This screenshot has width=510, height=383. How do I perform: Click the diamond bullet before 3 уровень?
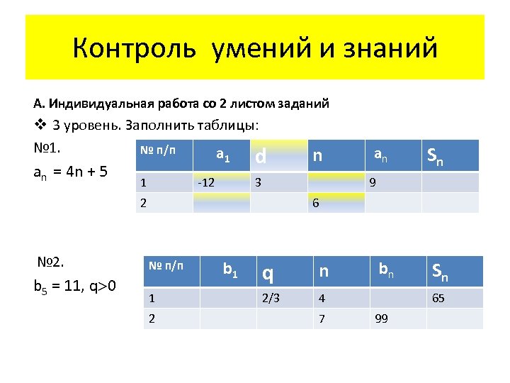coord(40,126)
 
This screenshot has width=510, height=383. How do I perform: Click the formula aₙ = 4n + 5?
coord(70,172)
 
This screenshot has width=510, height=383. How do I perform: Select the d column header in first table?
coord(261,155)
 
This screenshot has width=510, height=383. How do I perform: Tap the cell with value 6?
coord(316,203)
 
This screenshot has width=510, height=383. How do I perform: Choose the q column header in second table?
coord(268,272)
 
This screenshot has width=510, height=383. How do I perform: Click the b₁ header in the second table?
coord(229,269)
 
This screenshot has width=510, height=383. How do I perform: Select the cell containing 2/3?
coord(271,298)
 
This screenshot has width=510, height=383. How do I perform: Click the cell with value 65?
coord(438,298)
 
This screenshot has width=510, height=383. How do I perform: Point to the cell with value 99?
coord(381,318)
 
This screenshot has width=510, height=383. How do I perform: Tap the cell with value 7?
coord(322,318)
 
